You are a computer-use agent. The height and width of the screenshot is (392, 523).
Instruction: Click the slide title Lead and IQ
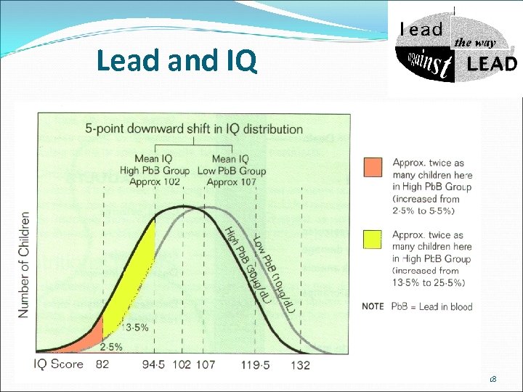pos(176,61)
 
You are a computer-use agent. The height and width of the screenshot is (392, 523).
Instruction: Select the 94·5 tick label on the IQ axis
pos(153,364)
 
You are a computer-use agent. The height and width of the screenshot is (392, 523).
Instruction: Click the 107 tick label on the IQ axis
pos(206,364)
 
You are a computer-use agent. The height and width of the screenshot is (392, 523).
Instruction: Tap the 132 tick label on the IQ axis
pos(299,364)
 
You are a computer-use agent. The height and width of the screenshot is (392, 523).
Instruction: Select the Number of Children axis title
pos(25,264)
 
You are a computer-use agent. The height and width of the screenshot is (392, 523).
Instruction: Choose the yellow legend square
pos(372,239)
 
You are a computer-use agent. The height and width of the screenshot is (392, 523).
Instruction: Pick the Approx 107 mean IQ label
pos(231,182)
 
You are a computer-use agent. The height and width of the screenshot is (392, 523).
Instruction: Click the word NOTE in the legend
pos(373,306)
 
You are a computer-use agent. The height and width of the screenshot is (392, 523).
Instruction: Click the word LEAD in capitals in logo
pos(491,64)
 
